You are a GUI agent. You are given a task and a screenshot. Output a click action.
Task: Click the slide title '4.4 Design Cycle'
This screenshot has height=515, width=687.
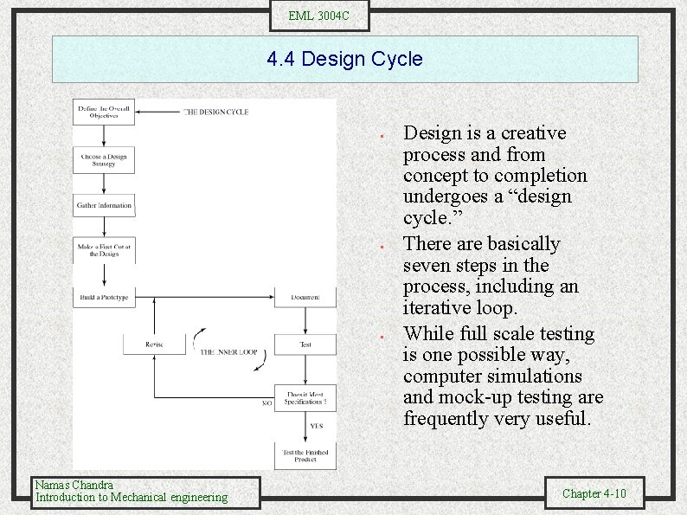[344, 60]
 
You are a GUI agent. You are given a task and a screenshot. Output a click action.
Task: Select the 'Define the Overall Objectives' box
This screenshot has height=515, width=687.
[105, 113]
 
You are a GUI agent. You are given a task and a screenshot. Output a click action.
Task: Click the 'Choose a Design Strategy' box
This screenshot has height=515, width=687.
[104, 160]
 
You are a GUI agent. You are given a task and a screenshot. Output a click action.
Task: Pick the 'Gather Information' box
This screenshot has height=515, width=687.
[104, 206]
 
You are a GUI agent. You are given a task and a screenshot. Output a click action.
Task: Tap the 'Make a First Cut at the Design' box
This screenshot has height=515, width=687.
[104, 250]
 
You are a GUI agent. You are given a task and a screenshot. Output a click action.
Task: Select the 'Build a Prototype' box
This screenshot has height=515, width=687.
[104, 297]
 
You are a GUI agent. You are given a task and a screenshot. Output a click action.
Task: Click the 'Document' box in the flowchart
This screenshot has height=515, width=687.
[305, 297]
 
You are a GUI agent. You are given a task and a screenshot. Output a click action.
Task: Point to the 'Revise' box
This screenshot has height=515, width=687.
[154, 344]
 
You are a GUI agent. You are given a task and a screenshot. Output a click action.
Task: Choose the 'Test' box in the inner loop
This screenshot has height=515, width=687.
[305, 344]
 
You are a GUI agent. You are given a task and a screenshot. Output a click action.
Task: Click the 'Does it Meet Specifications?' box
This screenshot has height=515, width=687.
[305, 397]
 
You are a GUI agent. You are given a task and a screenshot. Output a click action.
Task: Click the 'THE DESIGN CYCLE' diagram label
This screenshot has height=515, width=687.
[215, 112]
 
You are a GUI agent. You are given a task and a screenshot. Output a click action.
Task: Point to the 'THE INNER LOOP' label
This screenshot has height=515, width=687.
[228, 352]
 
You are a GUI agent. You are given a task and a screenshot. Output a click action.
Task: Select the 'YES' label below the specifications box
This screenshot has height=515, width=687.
[317, 426]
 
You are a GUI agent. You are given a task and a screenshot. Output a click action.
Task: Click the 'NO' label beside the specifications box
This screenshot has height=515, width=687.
[266, 402]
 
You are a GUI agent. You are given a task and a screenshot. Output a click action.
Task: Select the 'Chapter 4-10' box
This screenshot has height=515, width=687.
[594, 493]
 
